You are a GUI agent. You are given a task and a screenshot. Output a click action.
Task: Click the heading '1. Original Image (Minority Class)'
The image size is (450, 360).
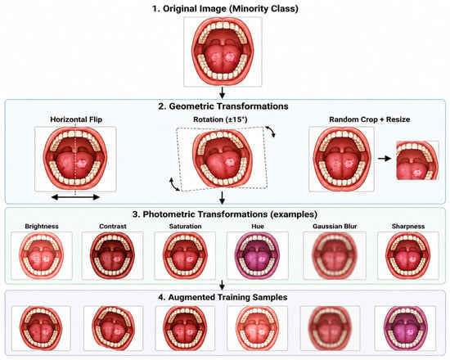(225, 9)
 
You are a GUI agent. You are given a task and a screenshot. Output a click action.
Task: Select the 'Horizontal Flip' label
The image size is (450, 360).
(76, 119)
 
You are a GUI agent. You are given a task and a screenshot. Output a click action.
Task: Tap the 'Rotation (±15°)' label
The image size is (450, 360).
(220, 119)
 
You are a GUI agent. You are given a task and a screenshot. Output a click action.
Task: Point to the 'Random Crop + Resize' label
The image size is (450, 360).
(369, 119)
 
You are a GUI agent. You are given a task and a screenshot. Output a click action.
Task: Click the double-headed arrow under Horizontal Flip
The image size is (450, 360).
(75, 197)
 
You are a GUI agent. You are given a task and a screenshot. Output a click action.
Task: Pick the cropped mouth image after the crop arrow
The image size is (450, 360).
(417, 160)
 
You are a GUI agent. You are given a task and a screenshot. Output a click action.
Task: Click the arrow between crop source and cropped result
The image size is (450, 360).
(385, 158)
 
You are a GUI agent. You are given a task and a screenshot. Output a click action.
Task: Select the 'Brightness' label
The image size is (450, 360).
(42, 226)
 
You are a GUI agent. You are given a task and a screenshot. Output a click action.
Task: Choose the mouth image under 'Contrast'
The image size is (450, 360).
(113, 255)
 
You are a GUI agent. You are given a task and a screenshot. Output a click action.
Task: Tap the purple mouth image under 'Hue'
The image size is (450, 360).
(258, 255)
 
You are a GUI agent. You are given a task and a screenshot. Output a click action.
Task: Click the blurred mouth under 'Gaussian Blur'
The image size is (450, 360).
(335, 255)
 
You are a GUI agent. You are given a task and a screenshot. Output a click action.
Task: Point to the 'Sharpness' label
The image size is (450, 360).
(408, 226)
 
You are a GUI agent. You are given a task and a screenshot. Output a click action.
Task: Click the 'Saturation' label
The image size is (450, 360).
(185, 226)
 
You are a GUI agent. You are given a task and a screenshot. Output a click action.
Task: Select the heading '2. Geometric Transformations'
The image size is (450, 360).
(223, 106)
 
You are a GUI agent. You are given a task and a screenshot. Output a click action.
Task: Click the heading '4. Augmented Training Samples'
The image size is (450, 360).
(223, 297)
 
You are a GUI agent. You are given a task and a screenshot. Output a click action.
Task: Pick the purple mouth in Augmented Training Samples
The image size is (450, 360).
(406, 328)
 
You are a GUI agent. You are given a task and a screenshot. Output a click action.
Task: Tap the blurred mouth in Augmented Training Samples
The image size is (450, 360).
(330, 328)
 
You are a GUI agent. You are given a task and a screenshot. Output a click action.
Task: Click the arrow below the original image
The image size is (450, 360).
(222, 92)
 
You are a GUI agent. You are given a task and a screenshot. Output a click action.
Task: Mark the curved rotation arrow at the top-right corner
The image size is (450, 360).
(271, 131)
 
